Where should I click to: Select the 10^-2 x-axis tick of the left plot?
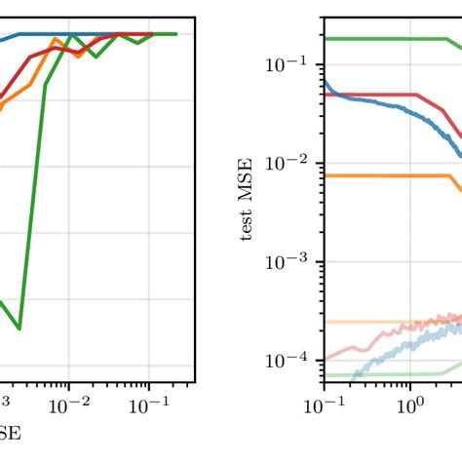tap(69, 403)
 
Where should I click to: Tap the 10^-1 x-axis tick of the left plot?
tap(149, 403)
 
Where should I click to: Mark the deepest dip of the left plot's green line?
tap(19, 328)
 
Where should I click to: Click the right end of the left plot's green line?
tap(176, 34)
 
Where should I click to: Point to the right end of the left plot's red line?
tap(152, 34)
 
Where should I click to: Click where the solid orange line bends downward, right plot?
tap(445, 176)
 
